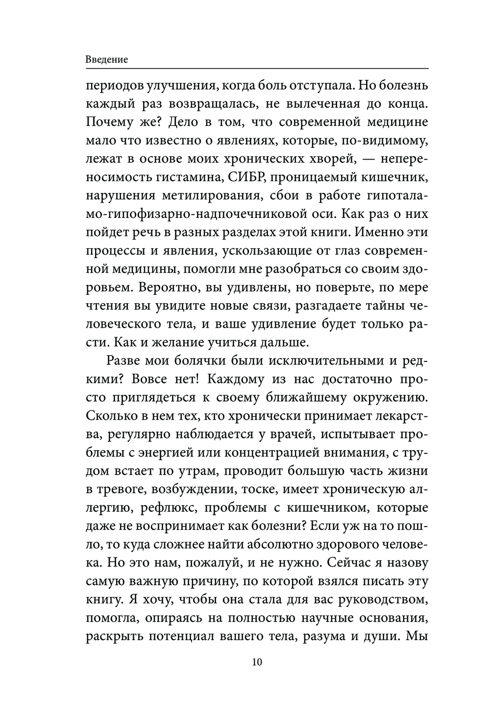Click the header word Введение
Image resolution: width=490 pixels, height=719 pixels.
click(x=106, y=60)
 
